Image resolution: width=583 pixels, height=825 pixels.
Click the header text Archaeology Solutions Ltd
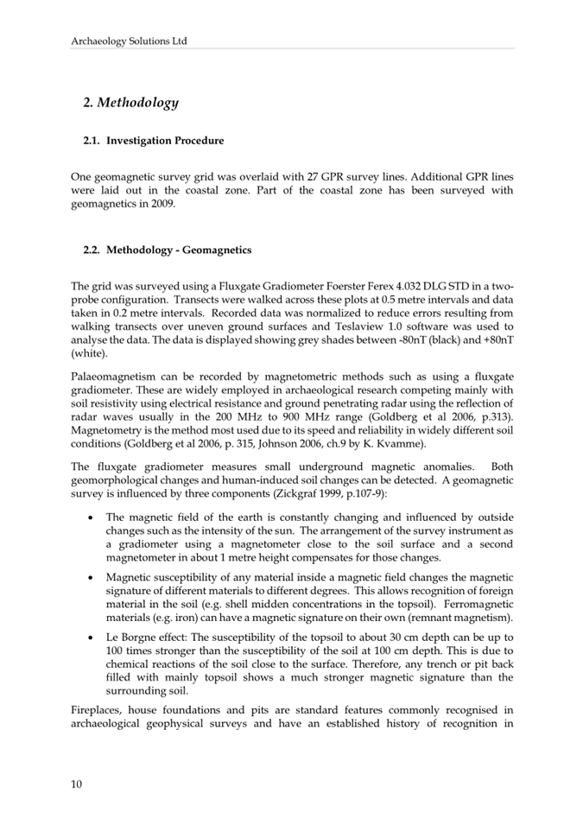129,41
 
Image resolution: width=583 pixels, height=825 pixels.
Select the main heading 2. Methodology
130,103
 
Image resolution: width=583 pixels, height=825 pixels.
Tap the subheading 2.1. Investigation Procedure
153,141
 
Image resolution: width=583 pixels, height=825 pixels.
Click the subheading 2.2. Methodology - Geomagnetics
167,250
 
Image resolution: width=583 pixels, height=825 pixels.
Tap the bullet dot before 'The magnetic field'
92,517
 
